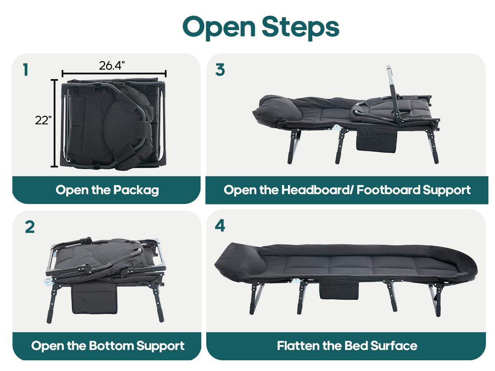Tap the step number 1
26,70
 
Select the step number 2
30,227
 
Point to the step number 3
220,70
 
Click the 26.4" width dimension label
112,65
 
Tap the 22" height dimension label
43,120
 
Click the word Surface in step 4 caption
394,345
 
